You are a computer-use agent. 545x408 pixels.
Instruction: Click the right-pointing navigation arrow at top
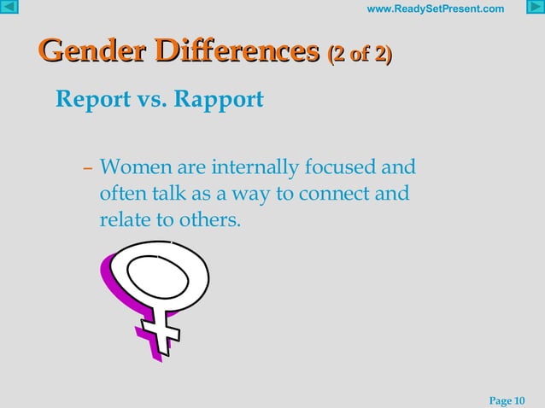(x=535, y=9)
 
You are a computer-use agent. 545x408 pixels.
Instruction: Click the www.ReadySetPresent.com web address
(x=435, y=9)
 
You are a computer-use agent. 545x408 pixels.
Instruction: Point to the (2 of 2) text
(x=360, y=55)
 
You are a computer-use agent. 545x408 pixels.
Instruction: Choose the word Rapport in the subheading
(x=219, y=100)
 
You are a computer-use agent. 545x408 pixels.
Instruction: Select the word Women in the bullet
(x=132, y=165)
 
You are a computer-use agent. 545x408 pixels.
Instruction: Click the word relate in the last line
(x=122, y=221)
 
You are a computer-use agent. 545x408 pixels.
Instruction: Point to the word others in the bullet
(x=213, y=221)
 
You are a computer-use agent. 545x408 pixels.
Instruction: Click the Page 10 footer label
(x=507, y=400)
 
